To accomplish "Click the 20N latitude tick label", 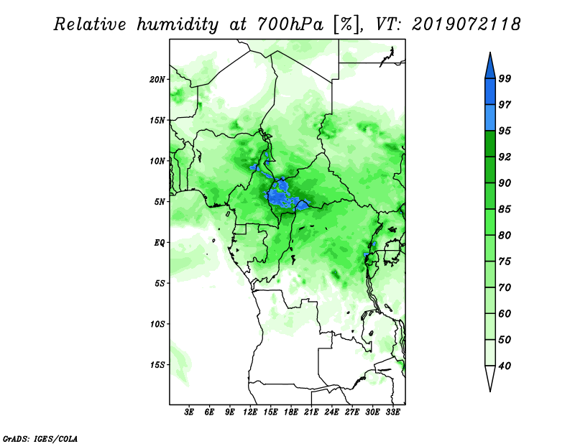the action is [x=157, y=80].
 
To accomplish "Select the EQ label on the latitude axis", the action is [x=160, y=243].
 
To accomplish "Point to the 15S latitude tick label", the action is [x=157, y=365].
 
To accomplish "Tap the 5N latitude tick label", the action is [x=160, y=202].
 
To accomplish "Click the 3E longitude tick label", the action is [x=189, y=412].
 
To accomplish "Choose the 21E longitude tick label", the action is [x=311, y=412].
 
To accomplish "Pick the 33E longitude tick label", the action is [x=392, y=412].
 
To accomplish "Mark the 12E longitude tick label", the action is [x=250, y=412].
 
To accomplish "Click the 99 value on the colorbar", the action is [x=505, y=78].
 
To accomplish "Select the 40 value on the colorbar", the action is [x=505, y=366].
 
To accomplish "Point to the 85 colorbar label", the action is [x=505, y=209].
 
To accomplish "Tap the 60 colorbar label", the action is [x=505, y=314].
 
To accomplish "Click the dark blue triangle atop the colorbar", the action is [x=490, y=68].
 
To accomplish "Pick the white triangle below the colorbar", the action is [x=490, y=377].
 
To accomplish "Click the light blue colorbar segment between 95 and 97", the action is [x=490, y=118].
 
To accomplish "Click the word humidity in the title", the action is [x=178, y=24].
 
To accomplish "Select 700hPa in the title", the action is [x=290, y=24].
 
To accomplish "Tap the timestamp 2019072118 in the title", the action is [x=466, y=24].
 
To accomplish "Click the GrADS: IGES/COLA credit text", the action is [x=40, y=439].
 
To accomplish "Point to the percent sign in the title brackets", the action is [x=346, y=24].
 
